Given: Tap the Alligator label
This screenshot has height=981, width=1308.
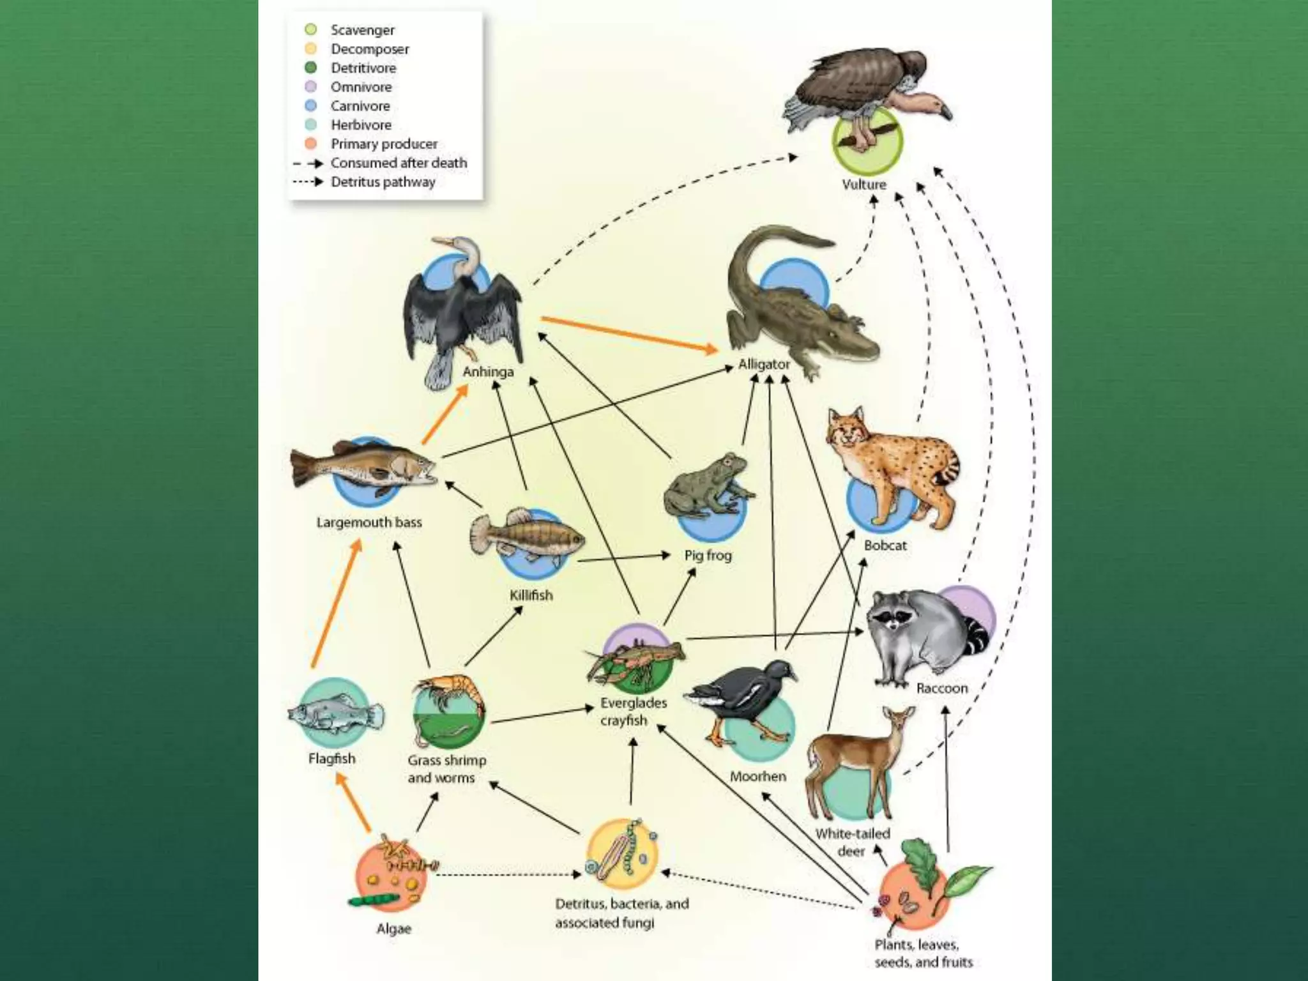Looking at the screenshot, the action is [x=764, y=364].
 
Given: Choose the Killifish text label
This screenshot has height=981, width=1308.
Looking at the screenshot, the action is [x=531, y=595].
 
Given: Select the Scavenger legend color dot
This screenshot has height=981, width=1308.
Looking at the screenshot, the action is [x=311, y=29].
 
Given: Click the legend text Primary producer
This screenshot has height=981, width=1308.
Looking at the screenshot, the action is [x=384, y=144].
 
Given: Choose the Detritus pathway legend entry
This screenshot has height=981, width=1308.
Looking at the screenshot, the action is [x=383, y=182].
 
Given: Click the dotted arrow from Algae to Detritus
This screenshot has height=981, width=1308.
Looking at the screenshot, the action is [x=508, y=874].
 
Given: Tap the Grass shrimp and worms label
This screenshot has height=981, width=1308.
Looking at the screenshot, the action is [x=446, y=769].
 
